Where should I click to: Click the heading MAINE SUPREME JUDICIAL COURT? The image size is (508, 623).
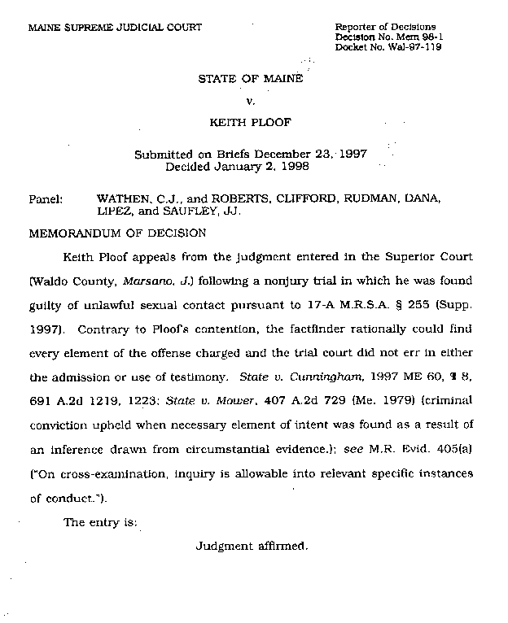(x=115, y=28)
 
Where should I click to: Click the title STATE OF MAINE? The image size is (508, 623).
(x=251, y=79)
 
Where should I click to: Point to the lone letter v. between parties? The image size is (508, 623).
(x=251, y=101)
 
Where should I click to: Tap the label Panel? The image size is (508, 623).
(x=46, y=198)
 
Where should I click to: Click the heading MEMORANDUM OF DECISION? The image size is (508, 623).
(x=117, y=232)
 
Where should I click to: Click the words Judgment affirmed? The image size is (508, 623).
(x=252, y=547)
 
